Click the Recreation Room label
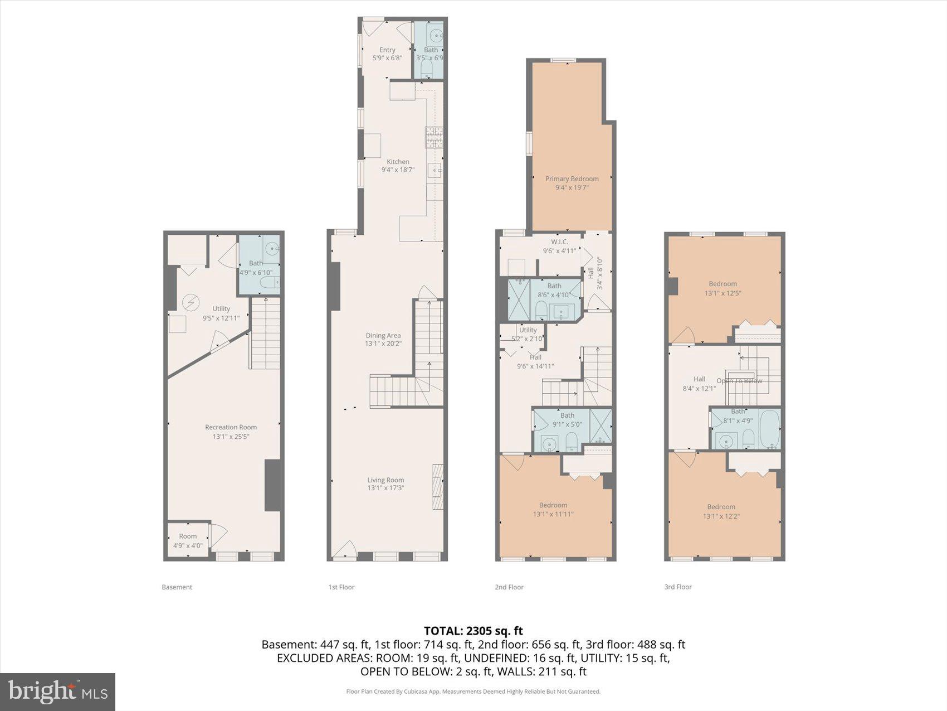coord(231,427)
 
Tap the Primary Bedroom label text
coord(572,178)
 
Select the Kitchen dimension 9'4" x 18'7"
coord(398,170)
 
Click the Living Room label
coord(385,480)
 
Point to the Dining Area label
coord(383,335)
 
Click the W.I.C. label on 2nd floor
coord(559,241)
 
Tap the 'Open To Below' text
coord(739,381)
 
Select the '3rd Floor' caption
coord(677,587)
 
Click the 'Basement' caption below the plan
coord(177,587)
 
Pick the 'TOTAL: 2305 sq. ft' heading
coord(473,631)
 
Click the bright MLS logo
coord(57,691)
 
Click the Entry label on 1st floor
coord(387,50)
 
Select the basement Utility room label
coord(221,308)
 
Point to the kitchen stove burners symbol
coord(434,137)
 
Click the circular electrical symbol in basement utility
coord(191,302)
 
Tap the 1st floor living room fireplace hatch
coord(438,486)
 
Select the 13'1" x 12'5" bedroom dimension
coord(723,293)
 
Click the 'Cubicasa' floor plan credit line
coord(473,691)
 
